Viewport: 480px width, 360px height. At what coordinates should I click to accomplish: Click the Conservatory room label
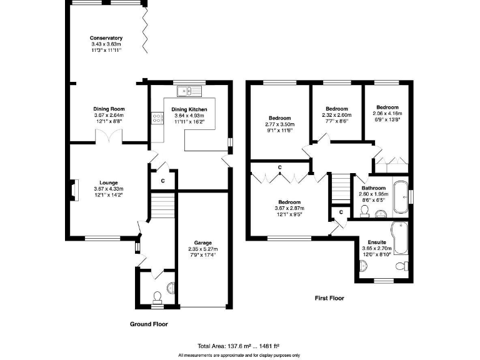point(106,38)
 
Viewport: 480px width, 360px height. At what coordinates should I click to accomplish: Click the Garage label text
point(202,242)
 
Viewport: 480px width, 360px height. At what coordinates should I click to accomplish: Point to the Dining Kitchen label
point(189,109)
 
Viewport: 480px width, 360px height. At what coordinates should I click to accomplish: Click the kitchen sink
point(188,92)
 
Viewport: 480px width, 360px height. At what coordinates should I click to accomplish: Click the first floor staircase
point(338,186)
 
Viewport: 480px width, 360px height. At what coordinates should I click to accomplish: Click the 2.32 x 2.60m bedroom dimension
point(337,115)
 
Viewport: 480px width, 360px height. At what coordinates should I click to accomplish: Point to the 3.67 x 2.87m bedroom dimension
point(289,209)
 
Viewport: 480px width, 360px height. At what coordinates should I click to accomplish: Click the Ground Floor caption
point(149,324)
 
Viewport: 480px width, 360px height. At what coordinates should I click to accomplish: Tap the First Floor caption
point(329,299)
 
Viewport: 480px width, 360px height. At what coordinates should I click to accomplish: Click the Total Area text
point(238,346)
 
